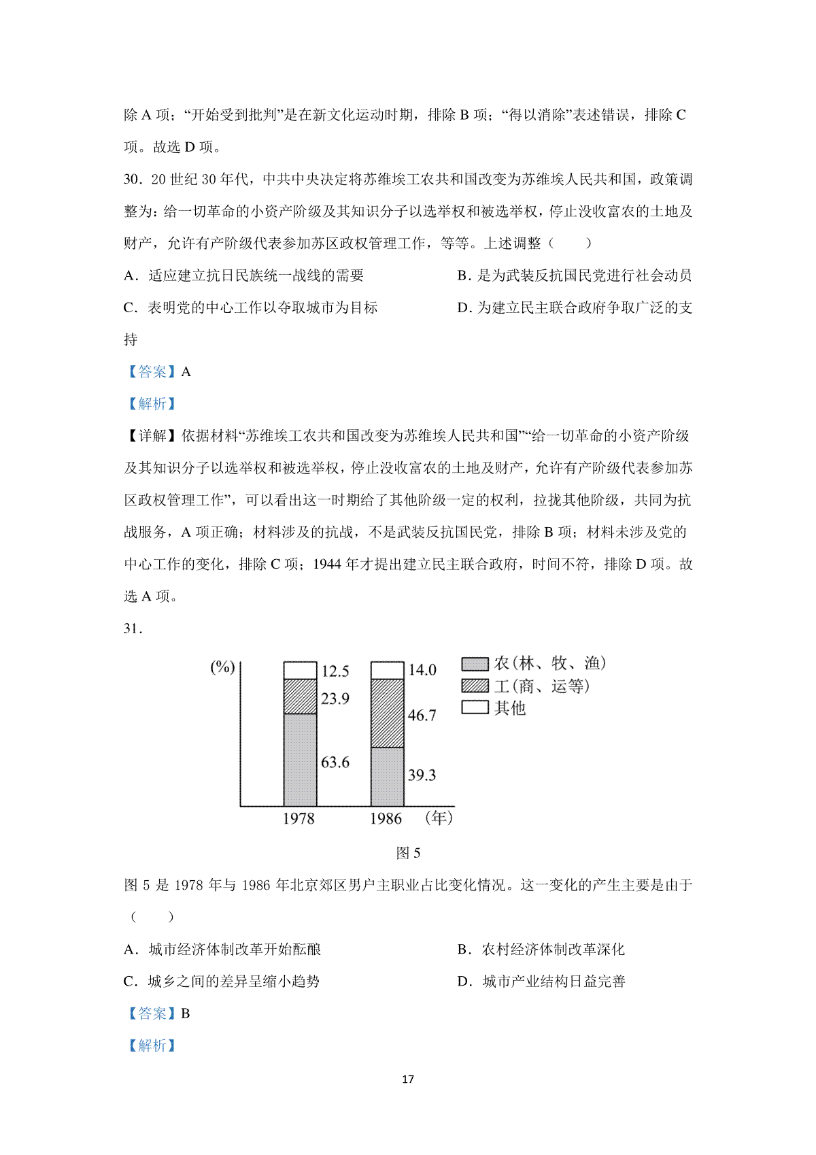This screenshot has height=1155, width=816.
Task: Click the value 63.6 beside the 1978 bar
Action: (x=335, y=762)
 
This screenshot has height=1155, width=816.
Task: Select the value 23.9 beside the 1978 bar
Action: (x=335, y=699)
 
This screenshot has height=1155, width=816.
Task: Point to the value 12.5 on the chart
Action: (x=335, y=671)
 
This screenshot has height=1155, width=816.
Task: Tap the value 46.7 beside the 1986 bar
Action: (x=422, y=715)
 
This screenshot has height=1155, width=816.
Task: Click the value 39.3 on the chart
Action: (x=422, y=775)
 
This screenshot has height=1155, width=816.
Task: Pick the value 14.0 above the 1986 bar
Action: (x=422, y=670)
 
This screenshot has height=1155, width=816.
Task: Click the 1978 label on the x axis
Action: (x=299, y=818)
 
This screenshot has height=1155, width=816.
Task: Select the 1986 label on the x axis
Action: (x=386, y=818)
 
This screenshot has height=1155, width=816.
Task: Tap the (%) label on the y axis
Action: (x=222, y=667)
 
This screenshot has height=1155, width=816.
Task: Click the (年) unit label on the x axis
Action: (x=439, y=818)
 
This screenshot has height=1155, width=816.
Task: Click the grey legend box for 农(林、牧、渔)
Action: (x=475, y=664)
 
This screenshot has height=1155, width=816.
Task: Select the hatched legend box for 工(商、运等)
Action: (x=475, y=686)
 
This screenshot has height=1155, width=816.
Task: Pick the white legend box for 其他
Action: (x=475, y=707)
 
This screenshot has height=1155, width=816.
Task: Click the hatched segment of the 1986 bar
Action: (x=387, y=713)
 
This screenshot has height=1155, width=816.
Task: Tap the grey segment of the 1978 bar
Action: (x=300, y=760)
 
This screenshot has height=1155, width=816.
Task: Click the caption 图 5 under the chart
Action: (x=408, y=853)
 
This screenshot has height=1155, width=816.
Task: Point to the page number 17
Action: (x=408, y=1079)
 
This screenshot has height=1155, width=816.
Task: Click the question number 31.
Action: (x=133, y=629)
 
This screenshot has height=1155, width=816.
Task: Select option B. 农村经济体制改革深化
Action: (x=541, y=950)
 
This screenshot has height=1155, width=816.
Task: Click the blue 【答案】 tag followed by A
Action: (x=151, y=372)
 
